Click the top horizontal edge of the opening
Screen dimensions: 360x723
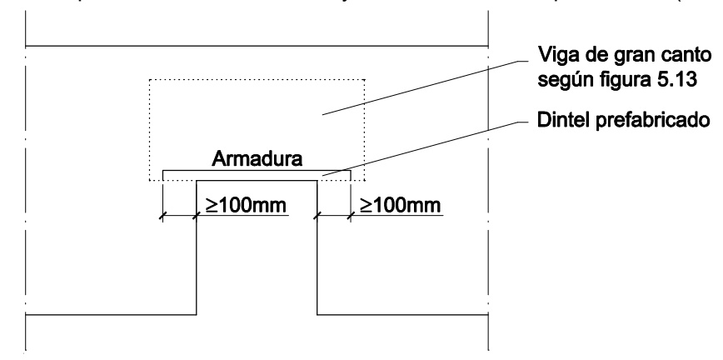pyautogui.click(x=257, y=180)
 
